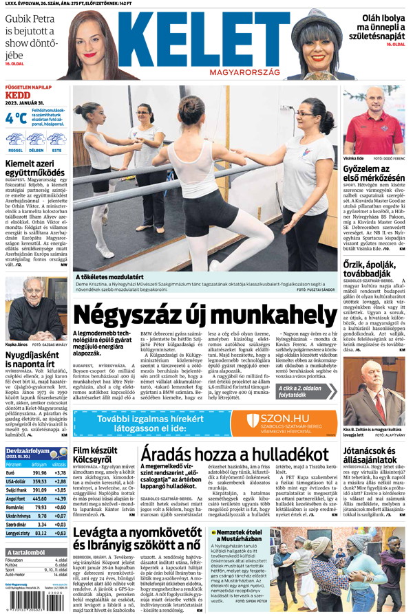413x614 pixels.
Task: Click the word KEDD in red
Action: [x=18, y=95]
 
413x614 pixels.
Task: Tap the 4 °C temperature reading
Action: [x=16, y=118]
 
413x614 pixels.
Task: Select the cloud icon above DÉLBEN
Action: [x=36, y=140]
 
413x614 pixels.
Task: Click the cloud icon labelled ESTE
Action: [x=56, y=140]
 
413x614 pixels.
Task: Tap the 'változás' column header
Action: [x=60, y=464]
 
